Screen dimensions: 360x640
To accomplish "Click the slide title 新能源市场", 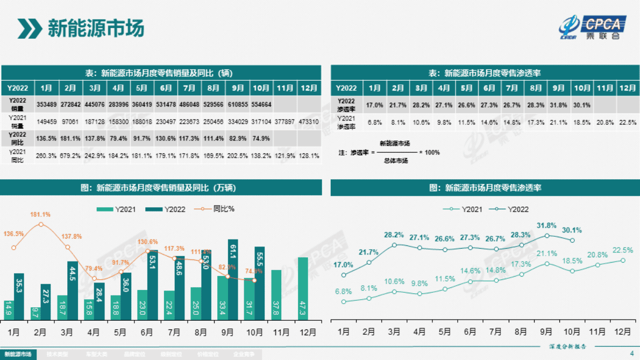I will click(x=96, y=28).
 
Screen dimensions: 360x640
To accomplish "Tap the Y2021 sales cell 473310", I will click(x=309, y=122).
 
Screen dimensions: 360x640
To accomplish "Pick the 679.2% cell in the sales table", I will click(x=70, y=156).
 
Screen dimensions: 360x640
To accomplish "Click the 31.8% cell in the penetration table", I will click(x=559, y=104).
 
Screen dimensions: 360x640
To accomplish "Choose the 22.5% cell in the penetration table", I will click(x=627, y=122).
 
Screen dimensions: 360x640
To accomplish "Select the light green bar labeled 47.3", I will click(x=303, y=289).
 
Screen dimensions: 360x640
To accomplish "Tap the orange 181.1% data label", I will click(x=41, y=215).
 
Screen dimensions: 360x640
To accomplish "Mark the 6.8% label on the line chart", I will click(x=343, y=292).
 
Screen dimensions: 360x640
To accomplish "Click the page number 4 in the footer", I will click(x=631, y=354).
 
